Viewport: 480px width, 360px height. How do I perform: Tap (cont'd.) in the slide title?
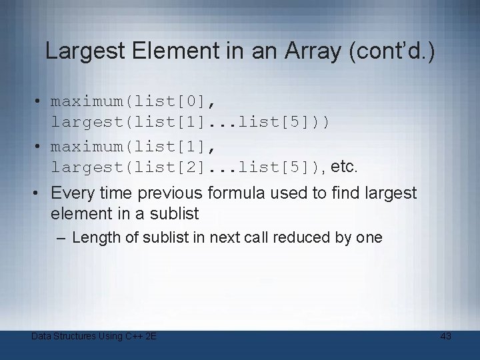click(x=391, y=51)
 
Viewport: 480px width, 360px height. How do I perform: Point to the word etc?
click(x=344, y=165)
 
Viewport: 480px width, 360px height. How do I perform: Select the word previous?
click(x=171, y=193)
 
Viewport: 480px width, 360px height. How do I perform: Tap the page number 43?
click(x=446, y=336)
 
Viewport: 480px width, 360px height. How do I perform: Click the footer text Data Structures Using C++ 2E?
click(x=94, y=336)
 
